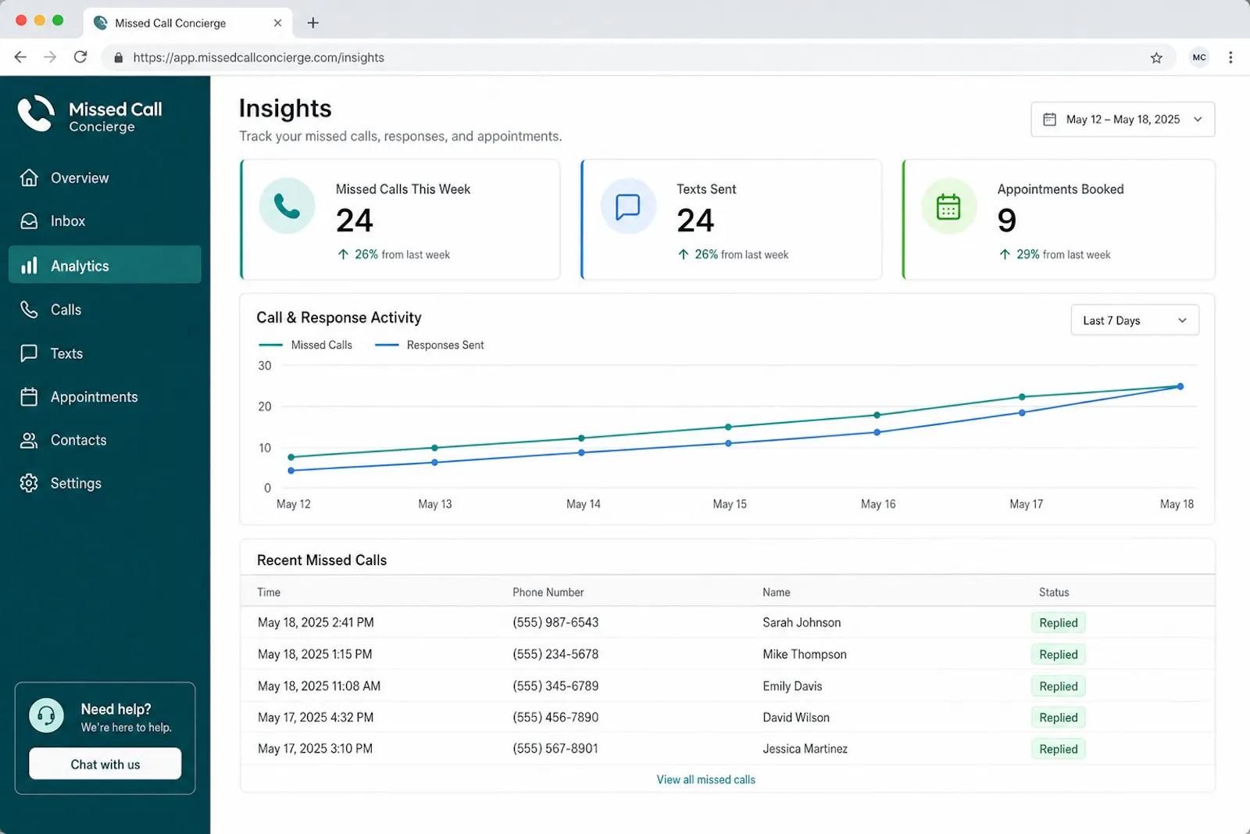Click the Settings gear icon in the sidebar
[x=29, y=483]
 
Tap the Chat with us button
[x=105, y=764]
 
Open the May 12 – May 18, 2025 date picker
[x=1122, y=120]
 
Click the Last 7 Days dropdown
[x=1134, y=320]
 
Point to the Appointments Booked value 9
[x=1006, y=220]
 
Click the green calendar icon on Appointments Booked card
[x=948, y=206]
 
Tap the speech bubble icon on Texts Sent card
[x=628, y=206]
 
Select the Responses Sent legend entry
[x=429, y=345]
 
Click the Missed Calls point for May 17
[x=1022, y=397]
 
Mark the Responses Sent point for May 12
[x=291, y=471]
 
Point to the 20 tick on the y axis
[x=265, y=406]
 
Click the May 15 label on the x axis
[x=730, y=504]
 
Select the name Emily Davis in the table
[x=792, y=686]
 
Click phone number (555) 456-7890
[x=555, y=718]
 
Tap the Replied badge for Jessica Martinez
[x=1058, y=749]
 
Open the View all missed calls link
[x=706, y=780]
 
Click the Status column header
[x=1054, y=592]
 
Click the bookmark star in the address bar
[x=1156, y=58]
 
